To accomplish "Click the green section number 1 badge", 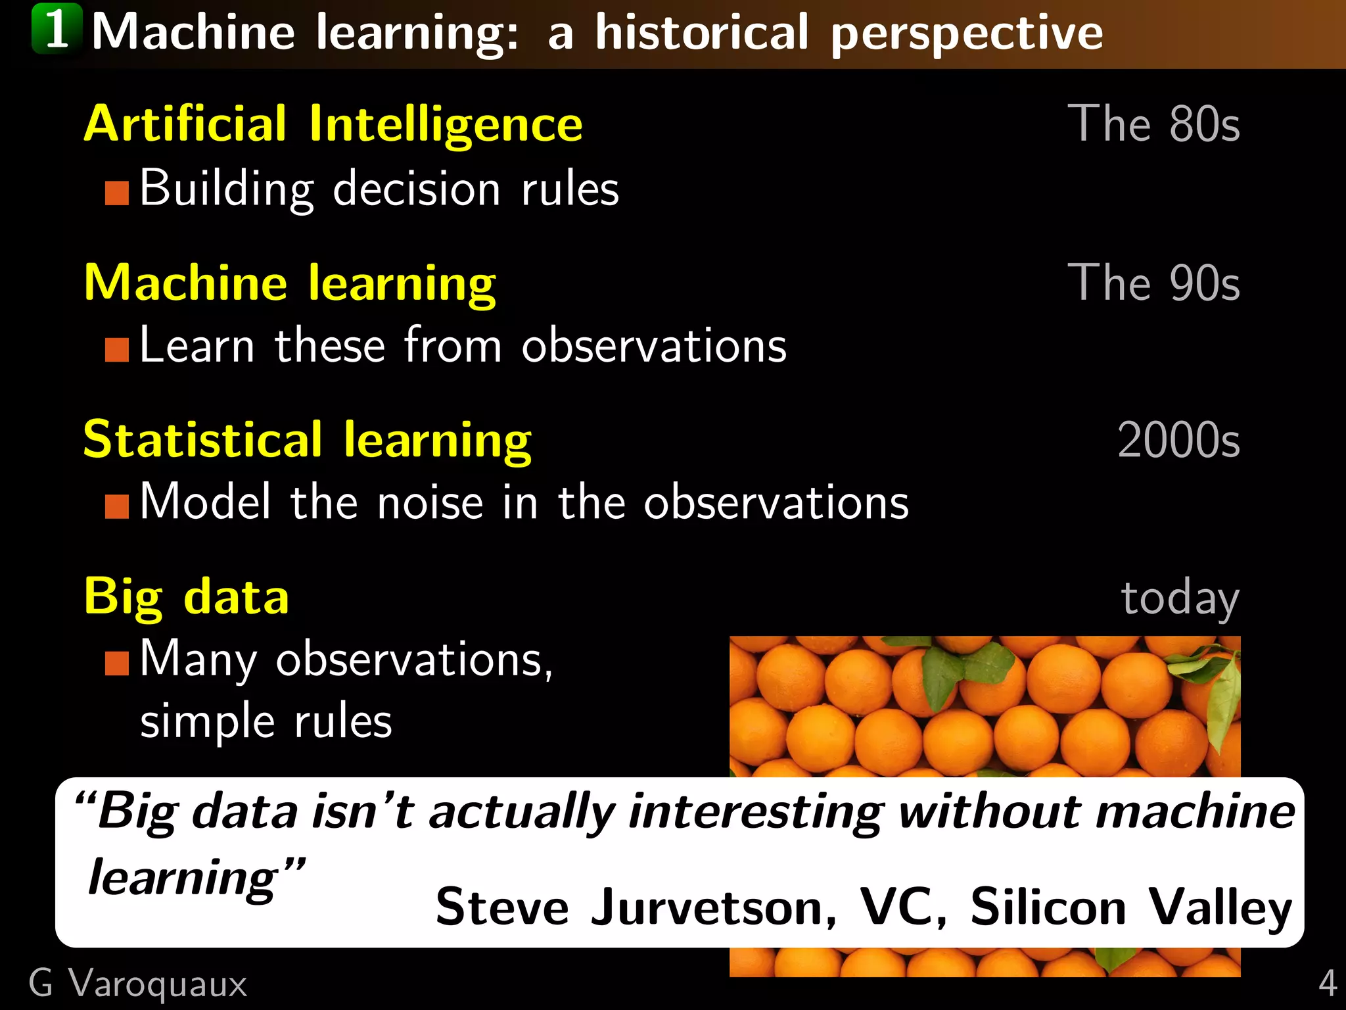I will point(57,30).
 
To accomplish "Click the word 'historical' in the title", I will point(701,33).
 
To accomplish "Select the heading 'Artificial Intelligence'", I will point(333,124).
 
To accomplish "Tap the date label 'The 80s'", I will point(1153,124).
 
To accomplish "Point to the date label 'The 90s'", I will point(1153,283).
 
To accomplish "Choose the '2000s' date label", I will point(1178,440).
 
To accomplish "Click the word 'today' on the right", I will point(1180,598).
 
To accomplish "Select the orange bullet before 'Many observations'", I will point(117,663).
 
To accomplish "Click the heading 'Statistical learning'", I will point(307,440).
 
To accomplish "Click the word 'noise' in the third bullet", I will point(430,503).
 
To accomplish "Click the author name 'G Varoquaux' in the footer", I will point(138,984).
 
